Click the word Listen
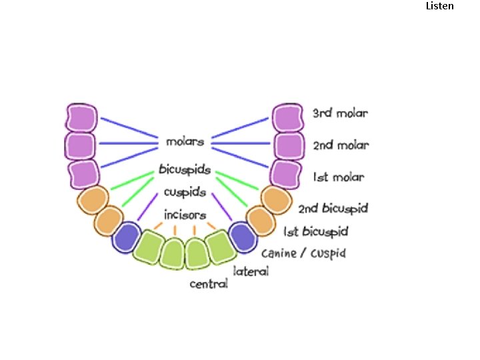[439, 6]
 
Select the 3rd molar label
[340, 113]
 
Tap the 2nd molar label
[341, 145]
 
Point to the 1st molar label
[339, 177]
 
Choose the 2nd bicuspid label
[333, 209]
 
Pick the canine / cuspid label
[303, 253]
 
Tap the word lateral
[251, 271]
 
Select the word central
[209, 284]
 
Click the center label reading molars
[185, 142]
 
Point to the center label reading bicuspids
[185, 170]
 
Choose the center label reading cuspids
[185, 193]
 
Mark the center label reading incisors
[185, 215]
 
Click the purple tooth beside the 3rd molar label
[288, 118]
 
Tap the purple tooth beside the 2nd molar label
[289, 145]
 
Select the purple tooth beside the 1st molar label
[286, 174]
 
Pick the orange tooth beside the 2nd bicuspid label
[275, 199]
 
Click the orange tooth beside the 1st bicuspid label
[261, 219]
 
